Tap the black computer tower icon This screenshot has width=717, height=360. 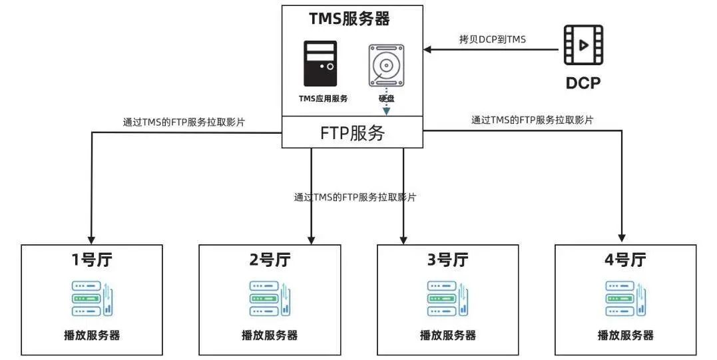(x=320, y=64)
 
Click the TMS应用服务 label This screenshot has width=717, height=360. (x=323, y=98)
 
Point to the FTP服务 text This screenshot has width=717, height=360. (x=352, y=133)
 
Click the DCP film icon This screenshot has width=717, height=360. (x=583, y=45)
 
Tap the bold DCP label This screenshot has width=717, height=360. (x=583, y=84)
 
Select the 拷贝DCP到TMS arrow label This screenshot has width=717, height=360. (x=492, y=40)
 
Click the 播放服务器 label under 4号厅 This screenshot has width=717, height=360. (x=625, y=335)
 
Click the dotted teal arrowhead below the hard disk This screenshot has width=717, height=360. (x=385, y=111)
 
